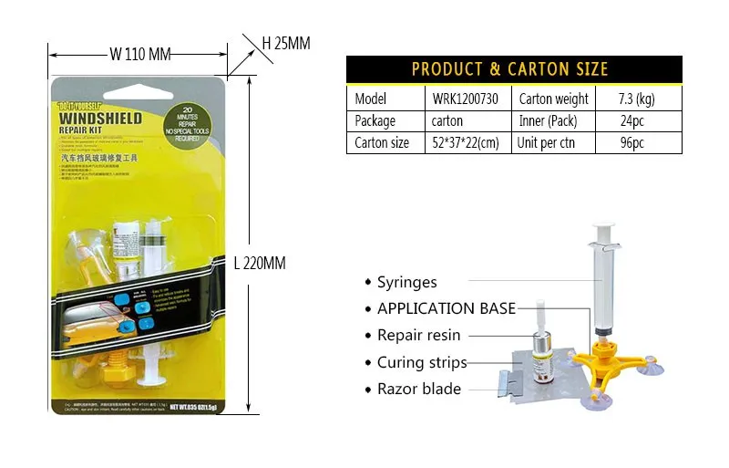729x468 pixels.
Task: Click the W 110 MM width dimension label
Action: coord(140,54)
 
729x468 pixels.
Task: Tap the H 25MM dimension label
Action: coord(286,43)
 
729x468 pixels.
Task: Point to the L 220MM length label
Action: coord(260,264)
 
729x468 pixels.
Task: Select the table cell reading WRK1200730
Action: coord(466,99)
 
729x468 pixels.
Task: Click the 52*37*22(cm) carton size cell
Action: coord(466,142)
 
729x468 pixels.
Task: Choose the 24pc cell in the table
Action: coord(632,120)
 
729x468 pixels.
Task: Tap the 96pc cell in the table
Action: coord(632,142)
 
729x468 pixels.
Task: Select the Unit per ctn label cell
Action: coord(547,142)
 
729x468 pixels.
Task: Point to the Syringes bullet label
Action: coord(407,283)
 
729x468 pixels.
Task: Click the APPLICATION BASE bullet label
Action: coord(447,308)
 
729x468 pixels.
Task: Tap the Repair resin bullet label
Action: coord(419,335)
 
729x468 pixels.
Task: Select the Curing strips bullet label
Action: coord(422,362)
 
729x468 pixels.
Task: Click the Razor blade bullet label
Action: coord(419,389)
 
